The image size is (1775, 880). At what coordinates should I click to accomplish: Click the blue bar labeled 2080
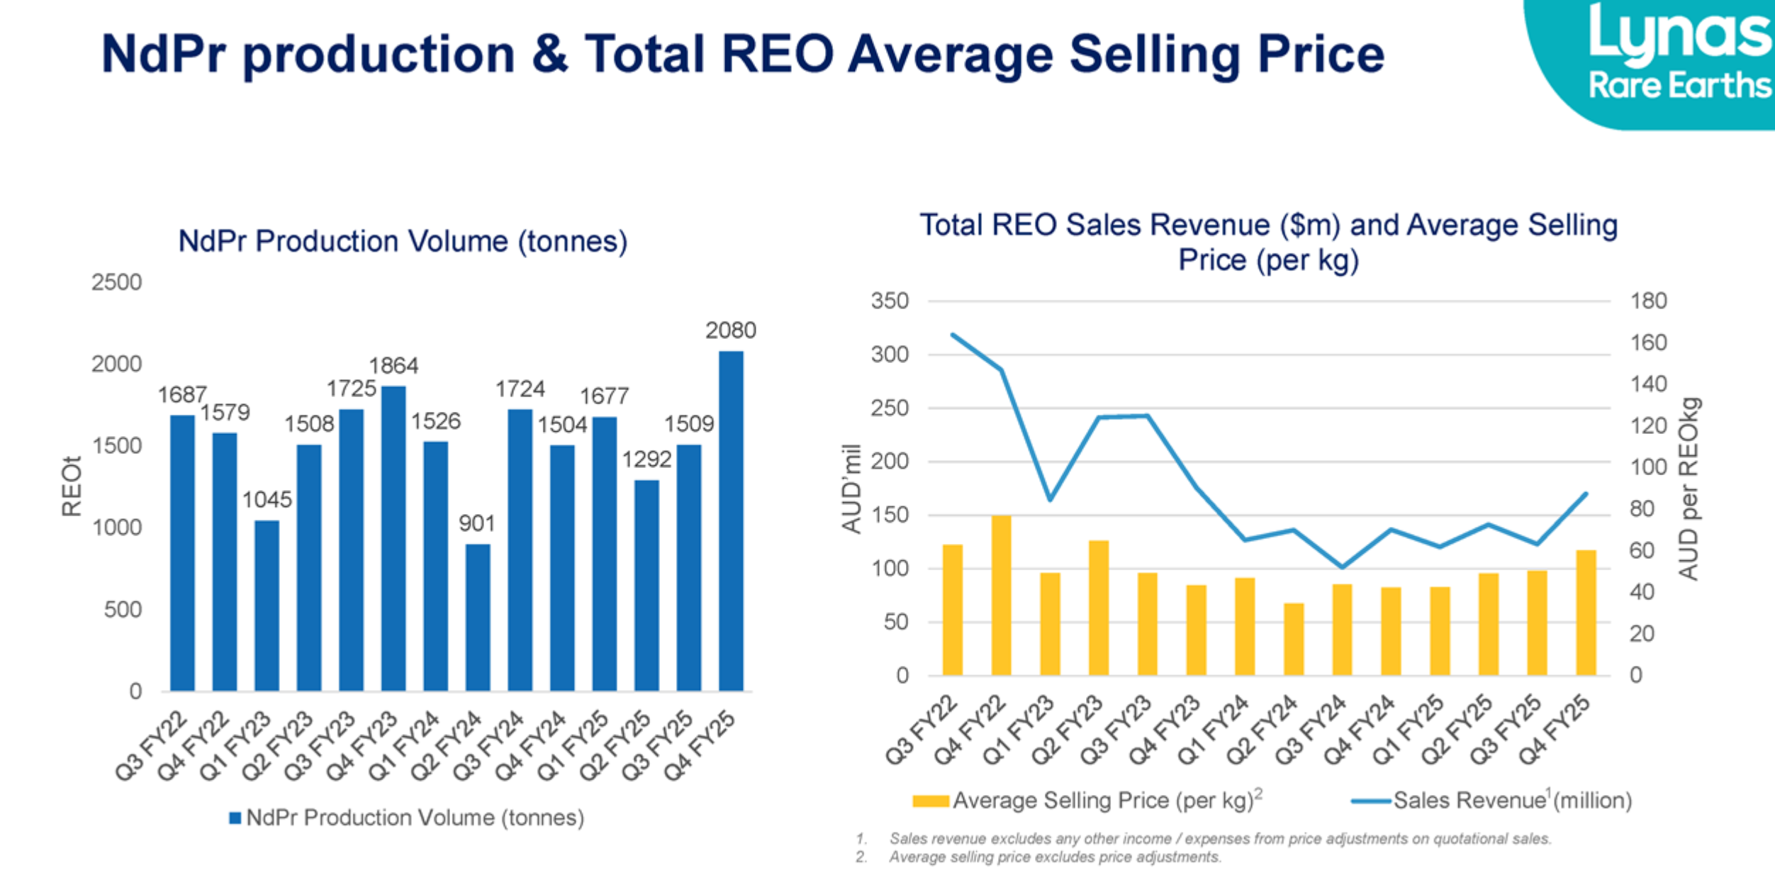(731, 520)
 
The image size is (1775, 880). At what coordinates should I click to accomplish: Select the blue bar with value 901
(478, 617)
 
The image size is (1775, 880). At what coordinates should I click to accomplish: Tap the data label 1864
(393, 366)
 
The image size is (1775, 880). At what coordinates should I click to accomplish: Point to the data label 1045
(267, 500)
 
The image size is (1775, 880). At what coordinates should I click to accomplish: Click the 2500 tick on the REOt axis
(116, 282)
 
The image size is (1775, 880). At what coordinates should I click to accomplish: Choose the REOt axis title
(72, 486)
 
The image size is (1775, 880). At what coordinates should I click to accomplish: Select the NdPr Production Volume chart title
(403, 241)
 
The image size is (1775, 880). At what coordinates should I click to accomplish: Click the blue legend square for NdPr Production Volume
(235, 818)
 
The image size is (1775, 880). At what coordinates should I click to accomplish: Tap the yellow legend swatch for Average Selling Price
(931, 801)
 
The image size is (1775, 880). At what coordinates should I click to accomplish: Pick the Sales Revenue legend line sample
(1370, 801)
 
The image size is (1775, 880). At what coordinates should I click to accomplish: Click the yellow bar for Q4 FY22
(1001, 596)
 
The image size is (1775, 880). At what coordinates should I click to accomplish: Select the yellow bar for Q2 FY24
(1294, 639)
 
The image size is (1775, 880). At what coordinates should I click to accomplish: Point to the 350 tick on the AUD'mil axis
(890, 301)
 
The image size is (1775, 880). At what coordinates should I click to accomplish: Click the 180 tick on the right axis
(1648, 301)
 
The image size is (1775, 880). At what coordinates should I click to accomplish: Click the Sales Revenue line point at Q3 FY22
(953, 335)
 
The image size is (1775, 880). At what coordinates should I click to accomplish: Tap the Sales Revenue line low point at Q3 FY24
(1342, 567)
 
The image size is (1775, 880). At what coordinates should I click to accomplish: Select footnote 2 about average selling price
(1054, 857)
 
